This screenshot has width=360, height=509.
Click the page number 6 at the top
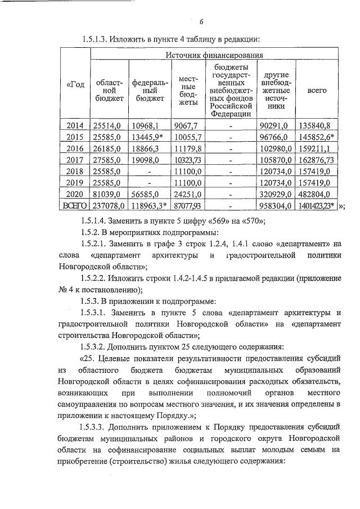coord(201,22)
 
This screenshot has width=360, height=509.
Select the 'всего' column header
coord(317,91)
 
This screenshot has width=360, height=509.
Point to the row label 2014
coord(75,125)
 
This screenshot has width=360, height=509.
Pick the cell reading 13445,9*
coord(147,137)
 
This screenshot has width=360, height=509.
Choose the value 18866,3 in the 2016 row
coord(146,148)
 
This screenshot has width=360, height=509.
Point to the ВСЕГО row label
coord(75,206)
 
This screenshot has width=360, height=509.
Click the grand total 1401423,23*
coord(318,206)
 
